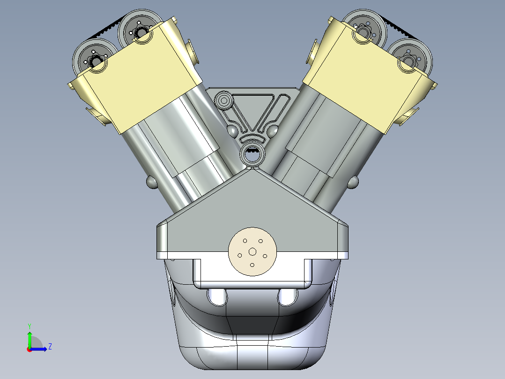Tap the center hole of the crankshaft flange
click(x=252, y=252)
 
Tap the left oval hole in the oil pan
click(x=216, y=296)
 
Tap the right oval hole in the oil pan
click(x=288, y=296)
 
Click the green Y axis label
click(x=29, y=325)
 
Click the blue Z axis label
click(x=50, y=347)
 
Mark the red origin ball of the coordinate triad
click(x=29, y=349)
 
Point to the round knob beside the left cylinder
click(x=152, y=182)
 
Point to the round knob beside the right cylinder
click(x=354, y=182)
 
